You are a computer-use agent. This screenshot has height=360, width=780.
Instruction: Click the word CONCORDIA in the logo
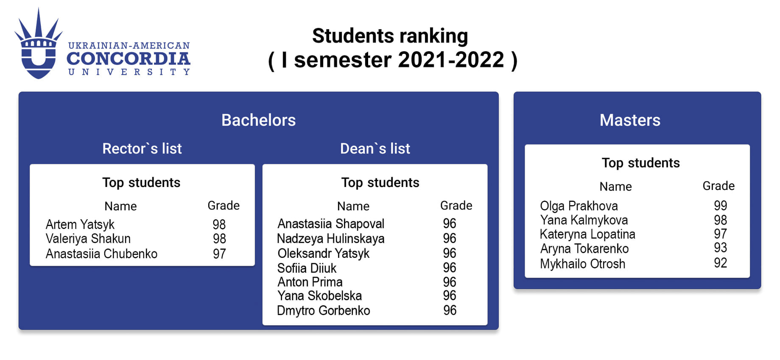tap(129, 59)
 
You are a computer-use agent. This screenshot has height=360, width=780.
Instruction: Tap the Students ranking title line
tap(390, 36)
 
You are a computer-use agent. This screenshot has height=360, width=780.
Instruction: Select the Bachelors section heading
tap(259, 120)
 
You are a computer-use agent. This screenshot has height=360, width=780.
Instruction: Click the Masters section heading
tap(630, 120)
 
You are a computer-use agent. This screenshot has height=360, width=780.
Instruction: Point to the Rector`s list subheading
tap(142, 148)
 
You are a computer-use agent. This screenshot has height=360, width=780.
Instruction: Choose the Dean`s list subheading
tap(375, 148)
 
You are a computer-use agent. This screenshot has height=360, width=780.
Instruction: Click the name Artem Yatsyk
tap(80, 224)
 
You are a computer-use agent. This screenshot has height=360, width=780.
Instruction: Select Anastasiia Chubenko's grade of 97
tap(219, 254)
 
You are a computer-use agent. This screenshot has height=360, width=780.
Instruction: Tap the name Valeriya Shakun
tap(88, 239)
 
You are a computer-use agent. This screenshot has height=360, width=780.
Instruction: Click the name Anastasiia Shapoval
tap(331, 223)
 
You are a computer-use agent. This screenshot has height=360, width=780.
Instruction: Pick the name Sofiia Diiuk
tap(307, 268)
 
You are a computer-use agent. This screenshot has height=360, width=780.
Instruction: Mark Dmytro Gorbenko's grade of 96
tap(450, 310)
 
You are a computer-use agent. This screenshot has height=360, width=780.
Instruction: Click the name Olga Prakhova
tap(579, 206)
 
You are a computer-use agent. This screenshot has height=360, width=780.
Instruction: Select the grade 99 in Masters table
tap(720, 206)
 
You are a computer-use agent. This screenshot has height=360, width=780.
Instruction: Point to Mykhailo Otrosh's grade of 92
tap(720, 263)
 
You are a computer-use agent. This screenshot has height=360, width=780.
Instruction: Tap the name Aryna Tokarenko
tap(584, 248)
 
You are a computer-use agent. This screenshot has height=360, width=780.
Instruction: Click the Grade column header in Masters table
tap(718, 186)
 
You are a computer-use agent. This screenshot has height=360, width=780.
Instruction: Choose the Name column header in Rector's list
tap(120, 206)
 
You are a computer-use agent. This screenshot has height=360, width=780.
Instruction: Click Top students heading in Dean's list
tap(380, 182)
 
